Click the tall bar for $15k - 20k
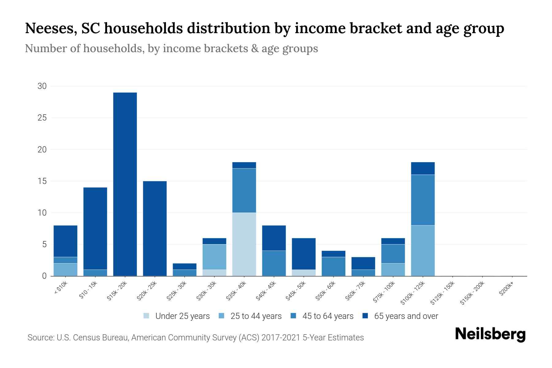(125, 184)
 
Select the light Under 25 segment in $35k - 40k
(244, 244)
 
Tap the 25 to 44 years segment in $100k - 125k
(423, 251)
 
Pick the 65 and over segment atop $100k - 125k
(423, 168)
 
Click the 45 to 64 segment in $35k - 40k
(244, 190)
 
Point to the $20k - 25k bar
(155, 228)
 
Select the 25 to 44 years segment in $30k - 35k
(214, 257)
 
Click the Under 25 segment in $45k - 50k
(304, 273)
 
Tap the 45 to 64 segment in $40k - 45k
(274, 263)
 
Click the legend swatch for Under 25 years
(147, 316)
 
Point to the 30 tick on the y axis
(42, 86)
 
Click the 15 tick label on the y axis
(42, 181)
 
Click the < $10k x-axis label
(61, 288)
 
